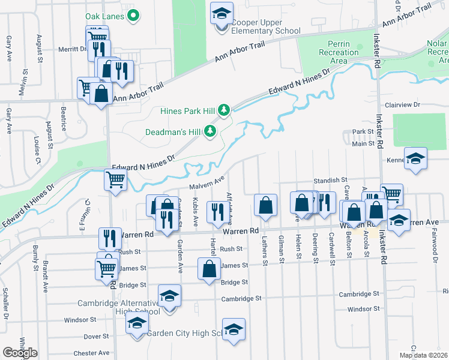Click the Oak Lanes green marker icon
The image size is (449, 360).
click(134, 16)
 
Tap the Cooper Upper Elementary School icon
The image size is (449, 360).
click(222, 13)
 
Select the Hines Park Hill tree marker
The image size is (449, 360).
click(224, 110)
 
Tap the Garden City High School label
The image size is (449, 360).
click(183, 333)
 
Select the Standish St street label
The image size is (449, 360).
click(331, 179)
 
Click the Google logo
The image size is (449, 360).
click(20, 353)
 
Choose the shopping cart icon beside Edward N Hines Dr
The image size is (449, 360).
click(115, 178)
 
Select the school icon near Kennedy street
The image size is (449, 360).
click(415, 158)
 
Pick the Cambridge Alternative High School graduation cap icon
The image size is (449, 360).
click(170, 295)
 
